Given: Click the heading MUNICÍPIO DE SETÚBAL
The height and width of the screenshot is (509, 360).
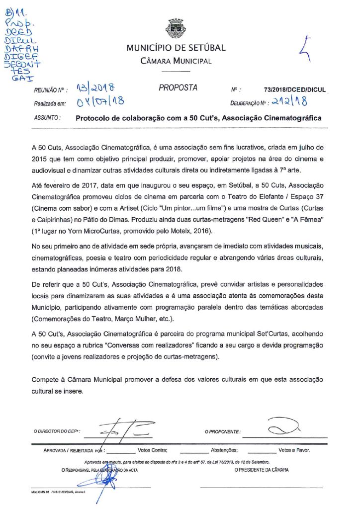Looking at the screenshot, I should (176, 48).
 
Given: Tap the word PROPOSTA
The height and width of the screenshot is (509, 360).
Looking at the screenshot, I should (178, 88).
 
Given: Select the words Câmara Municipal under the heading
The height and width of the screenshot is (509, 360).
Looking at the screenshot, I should (176, 61).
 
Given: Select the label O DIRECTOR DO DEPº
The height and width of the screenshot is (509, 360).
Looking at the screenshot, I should (57, 431).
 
